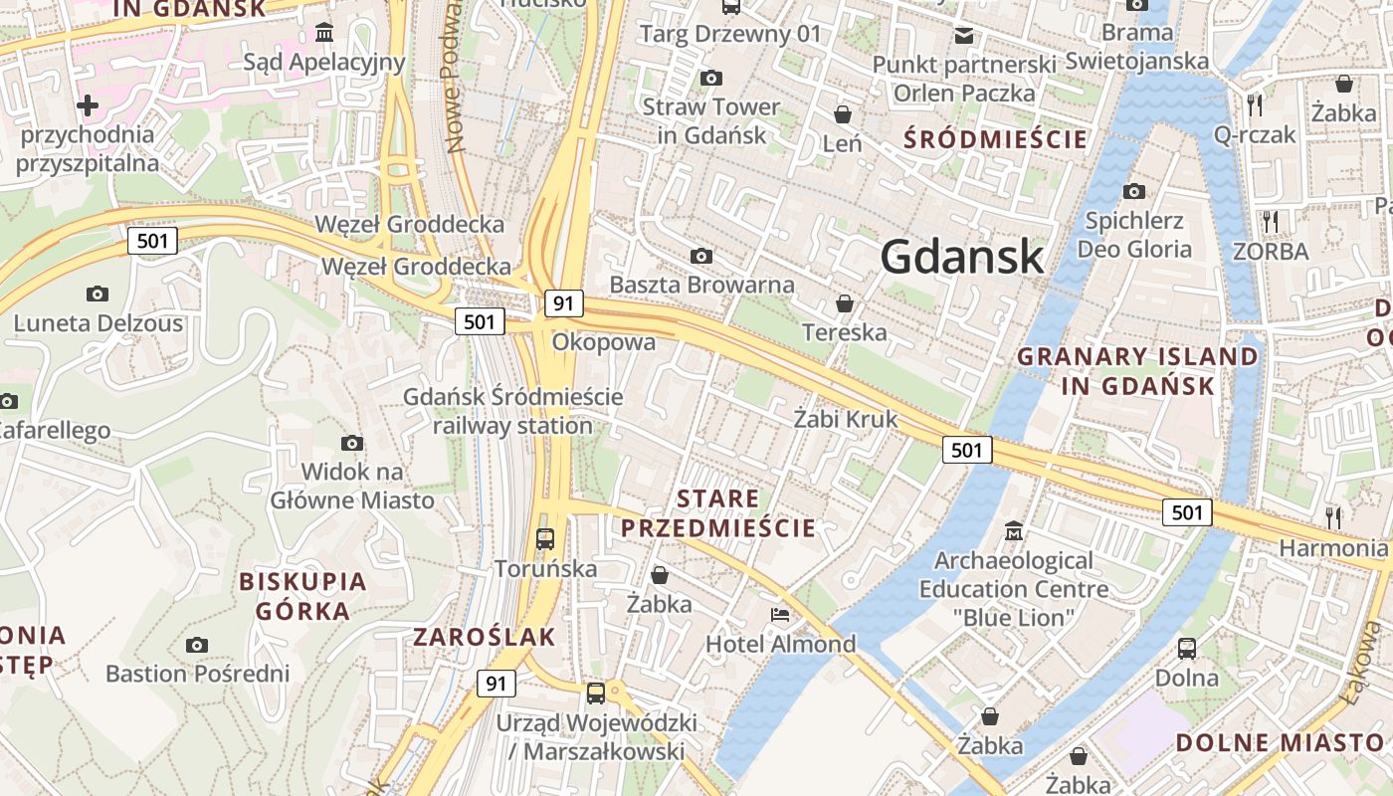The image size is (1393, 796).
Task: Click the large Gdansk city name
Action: click(962, 258)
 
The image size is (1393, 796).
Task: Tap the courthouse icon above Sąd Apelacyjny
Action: click(323, 33)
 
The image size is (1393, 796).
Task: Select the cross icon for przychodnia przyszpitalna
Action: click(88, 104)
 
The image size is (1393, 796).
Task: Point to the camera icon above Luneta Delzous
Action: click(98, 294)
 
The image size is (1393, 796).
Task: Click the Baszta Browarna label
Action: click(701, 285)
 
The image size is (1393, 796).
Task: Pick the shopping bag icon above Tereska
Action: click(845, 302)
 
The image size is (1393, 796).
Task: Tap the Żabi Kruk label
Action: click(845, 419)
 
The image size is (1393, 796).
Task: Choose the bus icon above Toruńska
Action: click(545, 539)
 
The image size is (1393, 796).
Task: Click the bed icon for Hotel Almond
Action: click(780, 615)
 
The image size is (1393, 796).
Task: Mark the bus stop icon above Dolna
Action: click(1187, 649)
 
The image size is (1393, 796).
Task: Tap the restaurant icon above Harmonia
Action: click(1333, 517)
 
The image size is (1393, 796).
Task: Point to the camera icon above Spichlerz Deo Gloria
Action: click(1133, 191)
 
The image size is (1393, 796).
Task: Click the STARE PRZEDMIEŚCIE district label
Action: click(718, 513)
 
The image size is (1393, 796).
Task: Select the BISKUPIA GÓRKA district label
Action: click(302, 595)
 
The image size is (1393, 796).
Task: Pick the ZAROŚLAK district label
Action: click(485, 638)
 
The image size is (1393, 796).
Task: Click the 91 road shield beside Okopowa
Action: click(563, 303)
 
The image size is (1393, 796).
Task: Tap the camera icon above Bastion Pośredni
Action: click(197, 645)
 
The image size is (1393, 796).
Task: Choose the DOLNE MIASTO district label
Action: click(1280, 742)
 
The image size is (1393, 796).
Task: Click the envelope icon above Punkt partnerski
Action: click(963, 36)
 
